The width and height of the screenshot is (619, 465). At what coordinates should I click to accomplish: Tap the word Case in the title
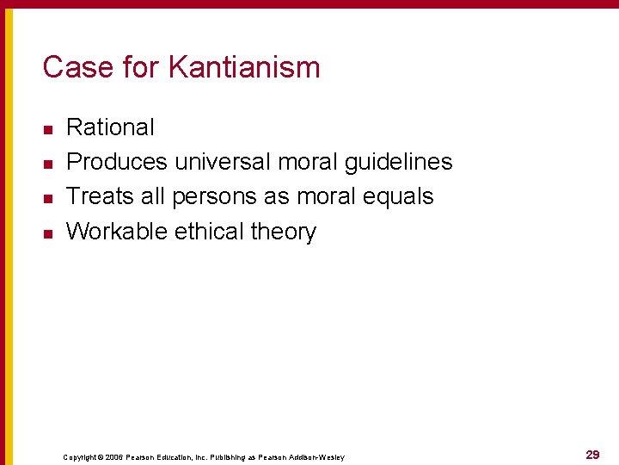click(x=71, y=67)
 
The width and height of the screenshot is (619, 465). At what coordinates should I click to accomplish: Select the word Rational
click(x=110, y=127)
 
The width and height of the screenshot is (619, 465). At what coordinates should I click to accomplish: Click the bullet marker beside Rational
click(x=48, y=129)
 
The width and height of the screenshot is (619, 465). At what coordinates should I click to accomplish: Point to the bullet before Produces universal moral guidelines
click(x=48, y=164)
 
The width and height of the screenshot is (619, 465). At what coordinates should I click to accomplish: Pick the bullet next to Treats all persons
click(x=48, y=198)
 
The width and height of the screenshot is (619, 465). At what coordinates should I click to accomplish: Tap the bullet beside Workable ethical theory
click(x=48, y=232)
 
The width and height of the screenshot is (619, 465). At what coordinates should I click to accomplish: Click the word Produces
click(x=117, y=162)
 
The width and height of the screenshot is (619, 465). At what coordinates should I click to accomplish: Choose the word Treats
click(x=101, y=196)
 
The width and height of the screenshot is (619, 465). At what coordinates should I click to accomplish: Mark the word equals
click(x=398, y=197)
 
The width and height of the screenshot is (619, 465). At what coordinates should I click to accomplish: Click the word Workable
click(x=117, y=231)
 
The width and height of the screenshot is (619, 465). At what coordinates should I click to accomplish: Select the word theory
click(x=284, y=232)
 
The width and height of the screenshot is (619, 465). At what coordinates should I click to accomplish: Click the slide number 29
click(x=592, y=455)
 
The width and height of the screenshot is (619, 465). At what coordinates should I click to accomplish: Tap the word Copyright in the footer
click(x=82, y=457)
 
